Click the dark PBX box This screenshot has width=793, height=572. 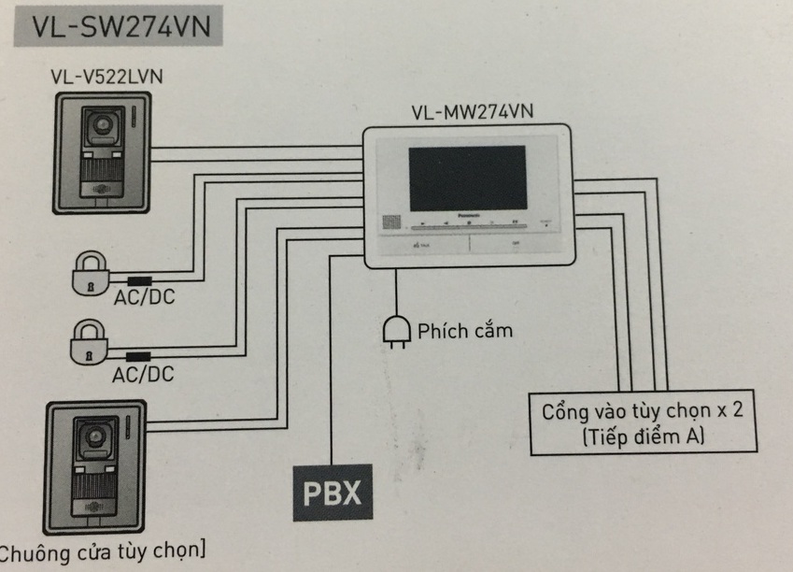pos(331,491)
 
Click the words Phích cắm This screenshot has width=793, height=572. pos(464,330)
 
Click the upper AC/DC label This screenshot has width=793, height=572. pos(143,298)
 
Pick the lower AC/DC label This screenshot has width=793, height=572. pos(143,375)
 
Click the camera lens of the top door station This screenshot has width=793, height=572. pos(98,124)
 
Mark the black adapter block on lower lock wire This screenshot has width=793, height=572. pos(141,356)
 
